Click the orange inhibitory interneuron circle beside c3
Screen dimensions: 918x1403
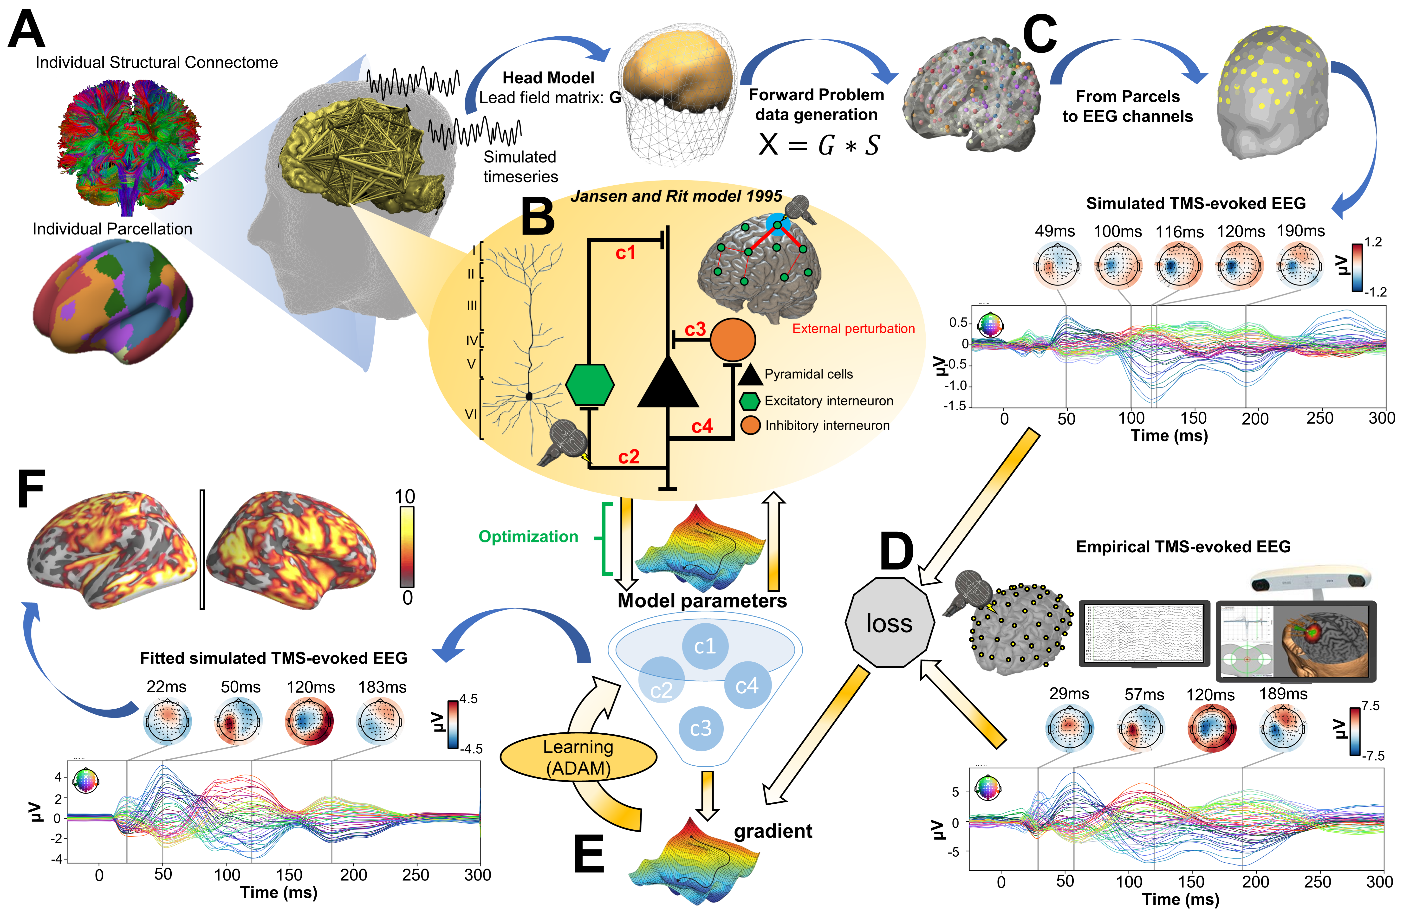[x=732, y=340]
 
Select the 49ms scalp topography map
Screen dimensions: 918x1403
[x=1058, y=267]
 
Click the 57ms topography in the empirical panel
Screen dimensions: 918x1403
[x=1141, y=729]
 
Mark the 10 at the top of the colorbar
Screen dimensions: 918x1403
[x=405, y=497]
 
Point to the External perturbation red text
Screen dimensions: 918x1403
[x=853, y=329]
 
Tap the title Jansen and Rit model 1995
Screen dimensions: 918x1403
[x=676, y=196]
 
